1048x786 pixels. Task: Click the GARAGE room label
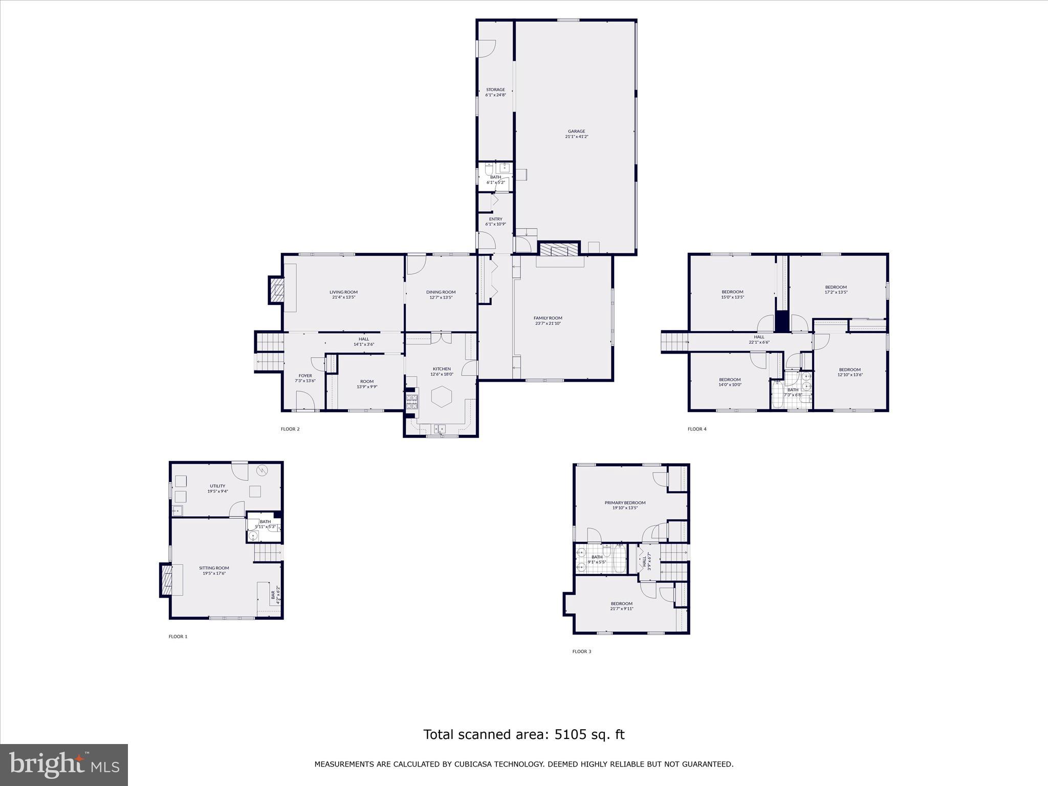[x=576, y=132]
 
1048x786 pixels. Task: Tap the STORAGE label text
[x=495, y=90]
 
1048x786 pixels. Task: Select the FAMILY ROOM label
[x=548, y=318]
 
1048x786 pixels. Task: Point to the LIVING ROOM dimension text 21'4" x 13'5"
[x=343, y=297]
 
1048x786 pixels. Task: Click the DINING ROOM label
[x=441, y=292]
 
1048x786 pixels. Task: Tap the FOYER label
[x=305, y=376]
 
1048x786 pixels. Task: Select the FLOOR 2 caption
[x=290, y=429]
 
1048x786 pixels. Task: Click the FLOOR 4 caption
[x=697, y=429]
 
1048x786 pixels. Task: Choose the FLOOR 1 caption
[x=178, y=637]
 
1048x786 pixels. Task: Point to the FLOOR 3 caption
[x=582, y=651]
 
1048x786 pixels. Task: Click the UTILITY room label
[x=217, y=486]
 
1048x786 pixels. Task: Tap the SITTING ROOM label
[x=214, y=568]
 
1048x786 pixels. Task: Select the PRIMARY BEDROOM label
[x=625, y=503]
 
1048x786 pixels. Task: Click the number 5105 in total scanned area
[x=570, y=735]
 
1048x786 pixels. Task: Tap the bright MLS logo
[x=64, y=765]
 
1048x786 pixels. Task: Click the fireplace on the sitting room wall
[x=166, y=579]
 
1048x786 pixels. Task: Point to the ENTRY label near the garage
[x=495, y=219]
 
